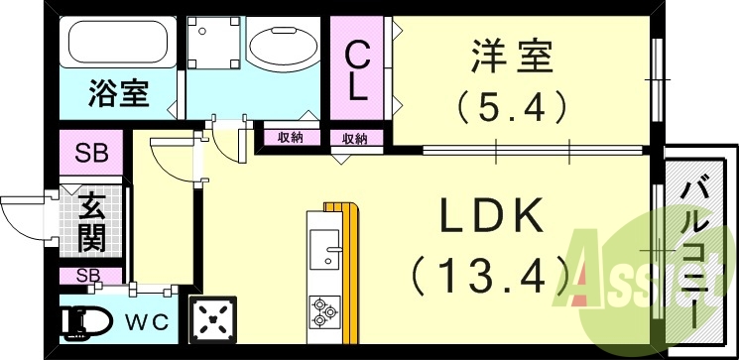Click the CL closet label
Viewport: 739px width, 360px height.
coord(358,69)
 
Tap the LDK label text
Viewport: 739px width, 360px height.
coord(487,215)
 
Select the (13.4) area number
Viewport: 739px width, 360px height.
coord(487,271)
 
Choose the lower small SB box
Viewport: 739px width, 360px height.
coord(89,276)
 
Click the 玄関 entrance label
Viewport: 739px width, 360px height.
coord(91,225)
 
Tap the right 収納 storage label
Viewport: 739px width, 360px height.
coord(355,138)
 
